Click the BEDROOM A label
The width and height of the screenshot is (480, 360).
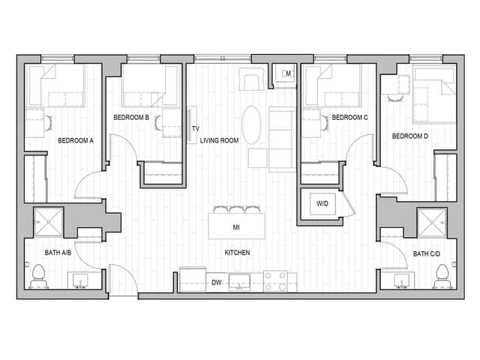click(x=75, y=140)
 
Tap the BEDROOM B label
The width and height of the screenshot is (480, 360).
click(x=131, y=118)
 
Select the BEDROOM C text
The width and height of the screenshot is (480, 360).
click(x=349, y=118)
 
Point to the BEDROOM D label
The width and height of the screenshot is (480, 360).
click(x=410, y=136)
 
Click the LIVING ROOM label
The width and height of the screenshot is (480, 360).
click(x=219, y=140)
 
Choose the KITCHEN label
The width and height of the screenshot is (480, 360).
click(x=237, y=253)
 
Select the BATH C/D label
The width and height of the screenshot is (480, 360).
click(x=427, y=253)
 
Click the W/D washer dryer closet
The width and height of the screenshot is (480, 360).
click(x=322, y=204)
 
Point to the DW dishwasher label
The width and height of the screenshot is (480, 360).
click(x=216, y=283)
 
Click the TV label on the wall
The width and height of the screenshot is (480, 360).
click(x=195, y=129)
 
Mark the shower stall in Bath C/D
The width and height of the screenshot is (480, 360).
click(x=431, y=222)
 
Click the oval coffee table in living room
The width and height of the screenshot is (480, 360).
click(x=252, y=124)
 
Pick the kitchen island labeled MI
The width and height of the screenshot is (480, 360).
click(x=236, y=226)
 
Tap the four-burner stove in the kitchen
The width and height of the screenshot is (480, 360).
click(x=275, y=281)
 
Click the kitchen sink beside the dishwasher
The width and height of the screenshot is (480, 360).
click(x=240, y=282)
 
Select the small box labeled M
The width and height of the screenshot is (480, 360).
click(x=288, y=73)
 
